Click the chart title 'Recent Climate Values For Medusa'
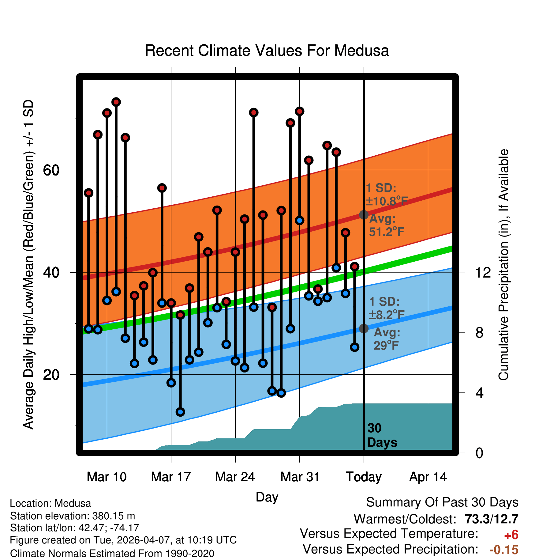267,51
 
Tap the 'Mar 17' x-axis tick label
171,477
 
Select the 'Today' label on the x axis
364,477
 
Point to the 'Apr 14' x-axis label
428,477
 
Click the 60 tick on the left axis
51,170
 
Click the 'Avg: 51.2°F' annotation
386,225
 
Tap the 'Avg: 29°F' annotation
387,339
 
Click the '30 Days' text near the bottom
382,435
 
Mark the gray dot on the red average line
364,215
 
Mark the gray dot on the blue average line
364,328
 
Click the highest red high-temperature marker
116,102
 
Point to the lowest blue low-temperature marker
180,412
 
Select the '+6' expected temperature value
511,535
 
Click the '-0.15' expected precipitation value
504,550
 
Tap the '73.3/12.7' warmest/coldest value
492,519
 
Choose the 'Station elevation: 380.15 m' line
73,516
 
